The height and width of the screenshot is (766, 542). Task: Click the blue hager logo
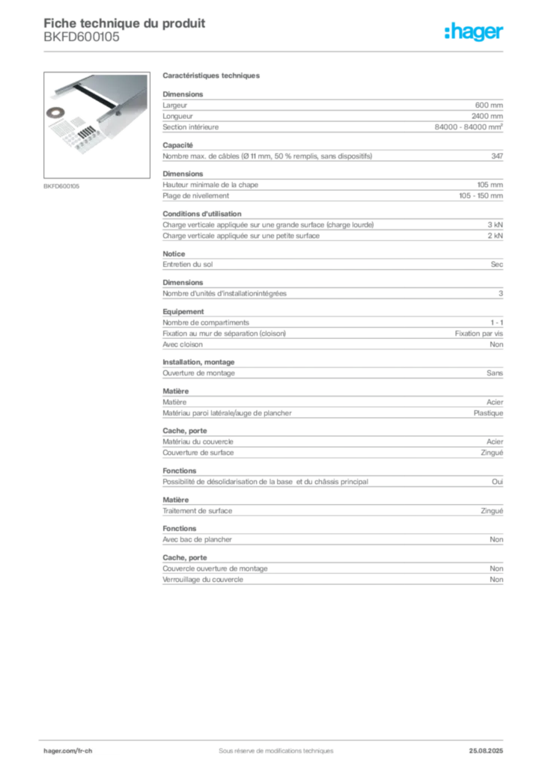475,33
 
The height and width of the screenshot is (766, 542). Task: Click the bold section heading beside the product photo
212,77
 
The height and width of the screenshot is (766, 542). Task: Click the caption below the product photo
62,185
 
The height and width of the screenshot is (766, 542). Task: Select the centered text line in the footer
270,745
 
